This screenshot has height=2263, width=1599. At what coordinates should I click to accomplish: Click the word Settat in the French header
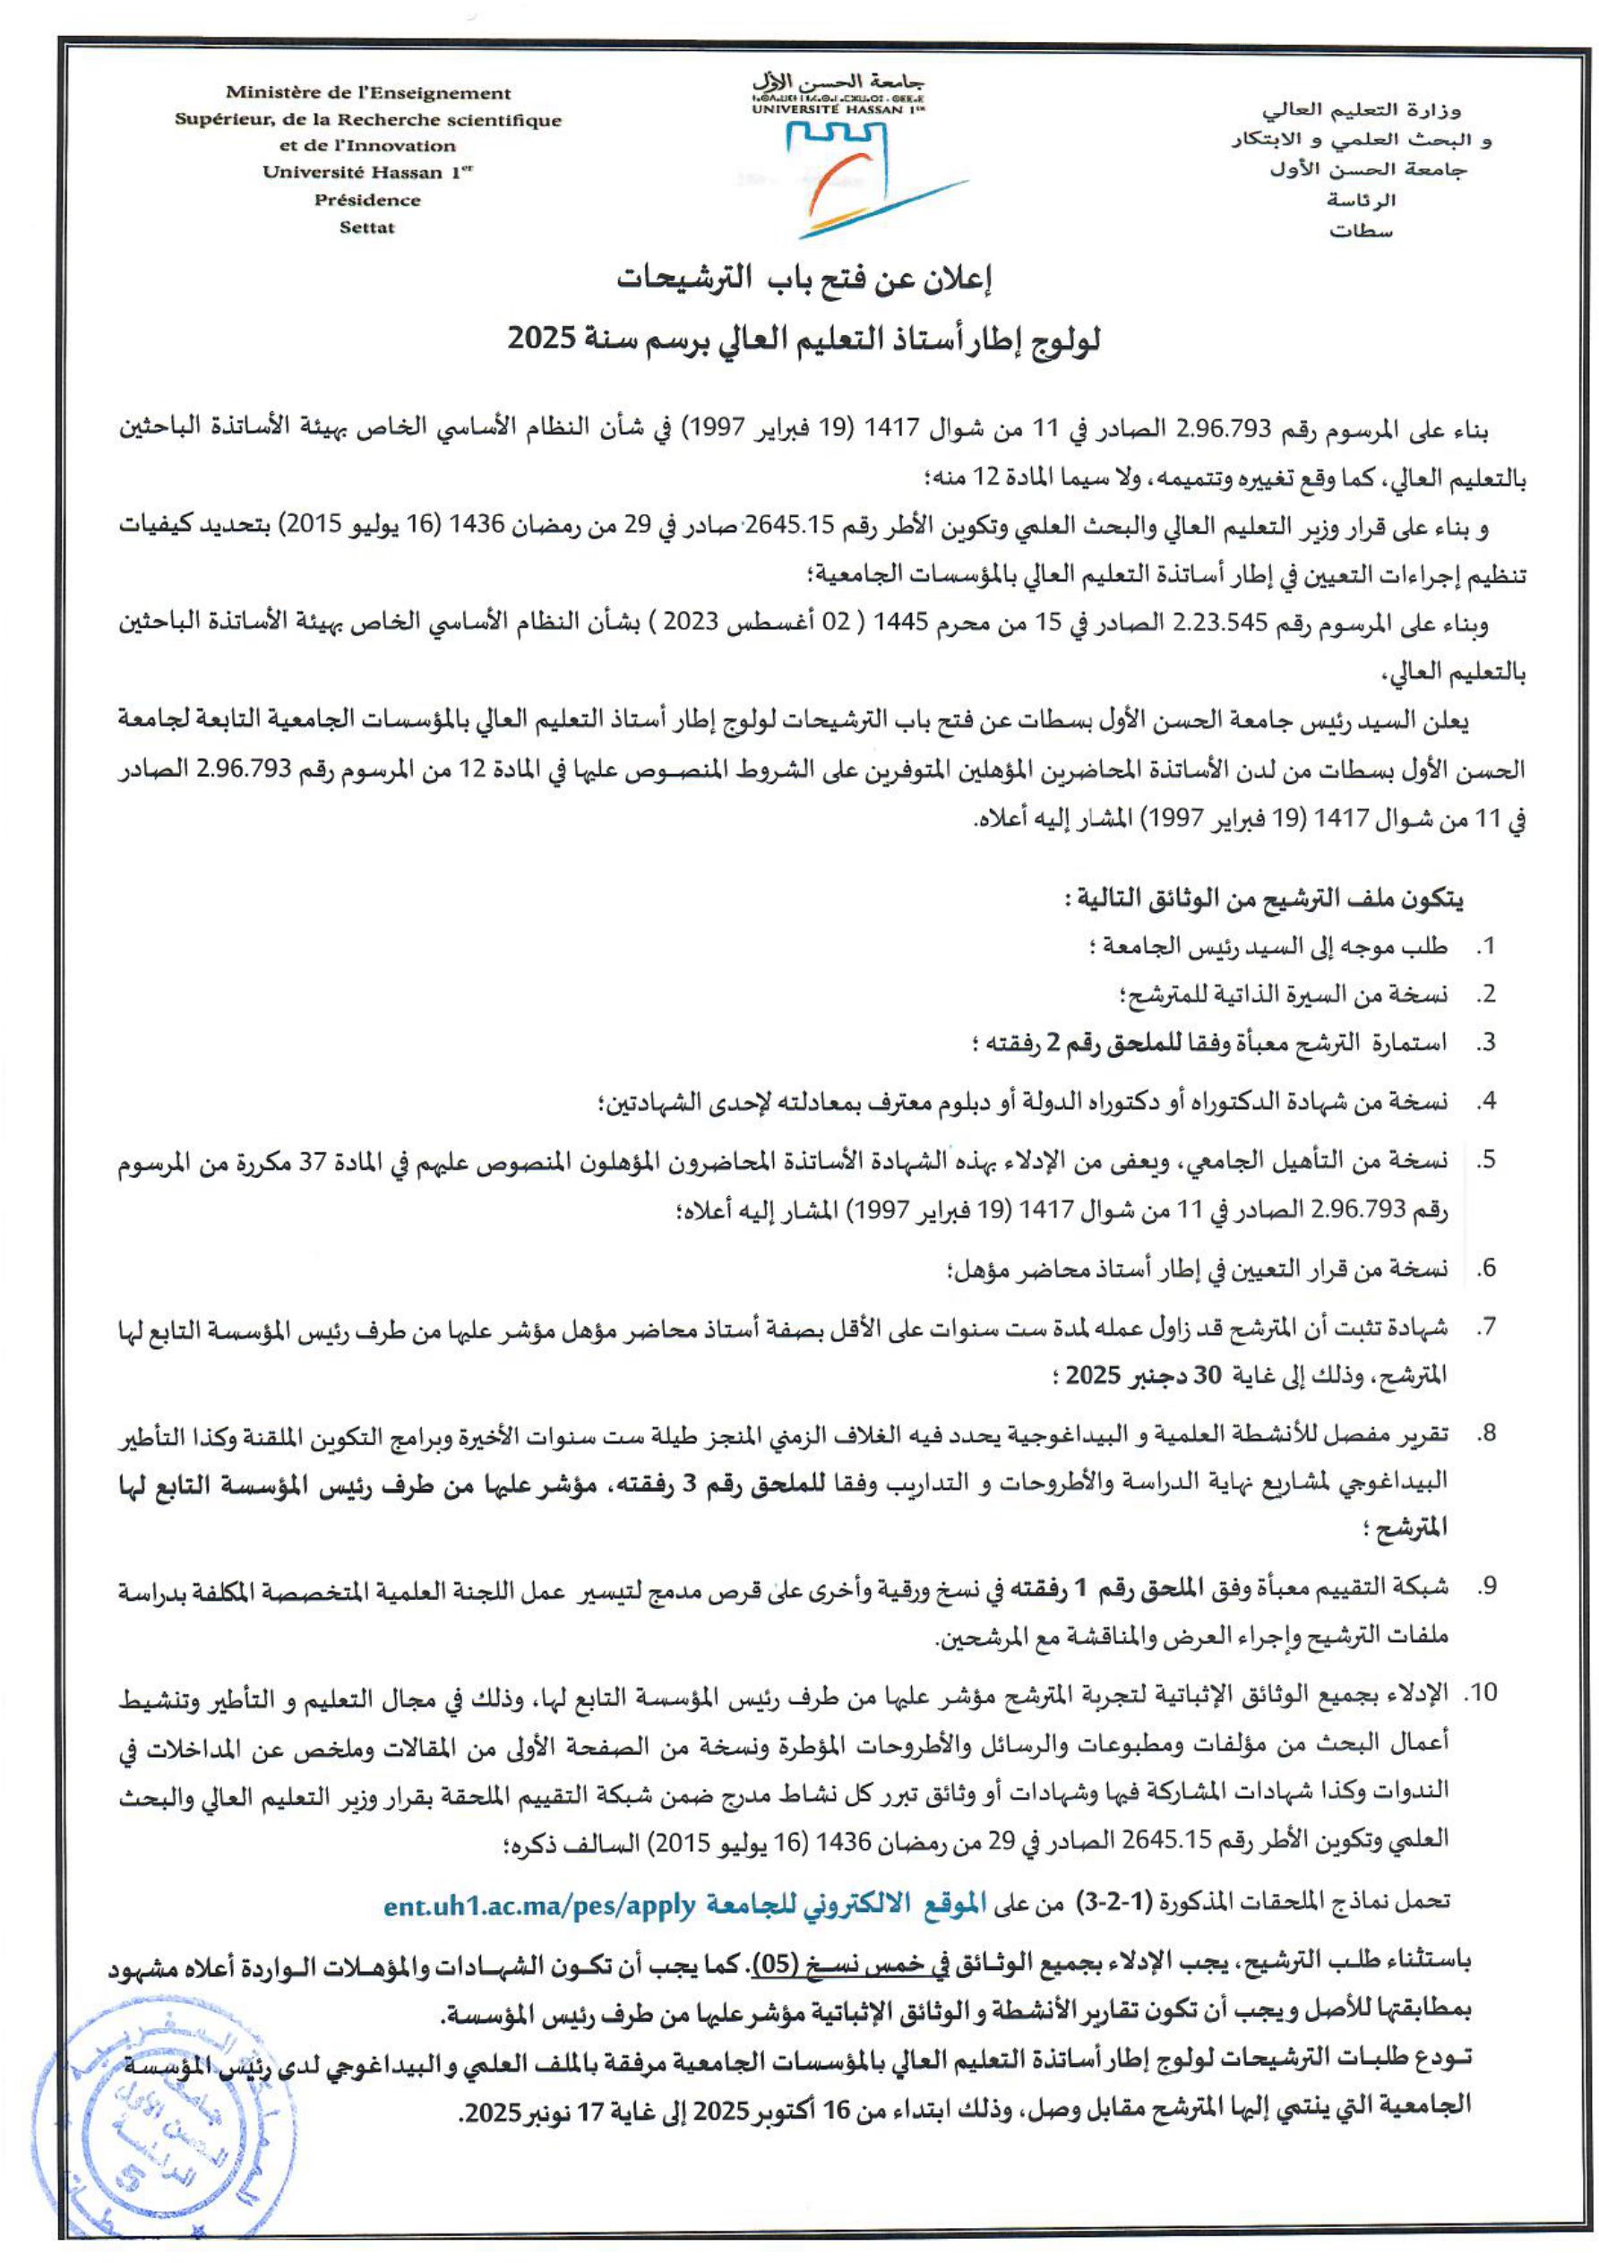(x=366, y=228)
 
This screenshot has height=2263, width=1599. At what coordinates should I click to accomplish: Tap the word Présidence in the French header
(x=366, y=201)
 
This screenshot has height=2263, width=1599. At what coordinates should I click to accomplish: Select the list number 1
(x=1487, y=947)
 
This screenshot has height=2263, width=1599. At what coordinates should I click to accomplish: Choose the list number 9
(x=1487, y=1587)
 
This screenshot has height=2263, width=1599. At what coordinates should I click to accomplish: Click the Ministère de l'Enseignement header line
(x=369, y=94)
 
